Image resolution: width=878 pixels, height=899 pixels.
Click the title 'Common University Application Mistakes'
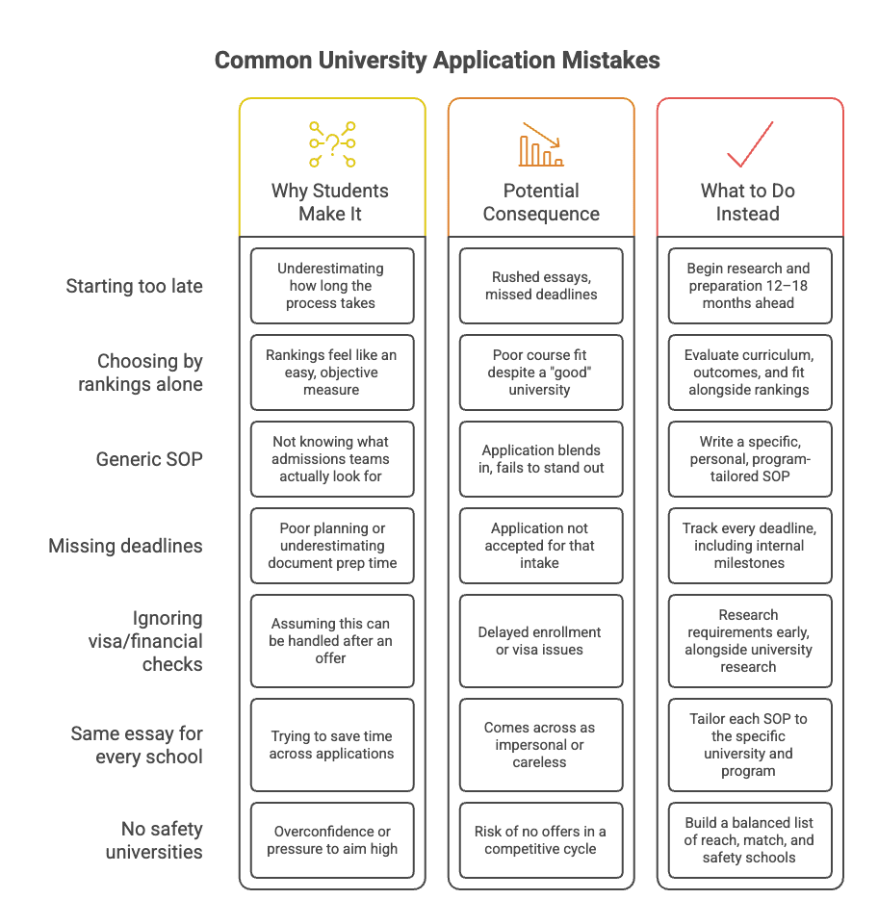437,61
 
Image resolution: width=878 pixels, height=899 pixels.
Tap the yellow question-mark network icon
332,144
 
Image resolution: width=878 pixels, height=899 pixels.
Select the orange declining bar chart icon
541,144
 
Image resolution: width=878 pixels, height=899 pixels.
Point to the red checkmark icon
750,144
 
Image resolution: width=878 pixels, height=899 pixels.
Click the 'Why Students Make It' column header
330,202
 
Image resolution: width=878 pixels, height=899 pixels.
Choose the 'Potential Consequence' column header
541,202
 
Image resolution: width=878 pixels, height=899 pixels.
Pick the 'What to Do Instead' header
748,202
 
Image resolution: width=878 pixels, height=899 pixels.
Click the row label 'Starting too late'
134,286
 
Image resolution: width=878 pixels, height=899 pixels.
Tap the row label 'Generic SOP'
149,459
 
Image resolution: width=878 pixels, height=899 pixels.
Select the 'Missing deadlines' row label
125,546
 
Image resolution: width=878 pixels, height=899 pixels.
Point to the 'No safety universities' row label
154,840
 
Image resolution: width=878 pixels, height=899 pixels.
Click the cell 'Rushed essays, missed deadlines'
541,286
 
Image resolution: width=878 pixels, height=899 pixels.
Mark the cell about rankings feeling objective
332,372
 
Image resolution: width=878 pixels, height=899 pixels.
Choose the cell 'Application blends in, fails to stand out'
541,459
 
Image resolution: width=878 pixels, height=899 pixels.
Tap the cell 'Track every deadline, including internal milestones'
750,545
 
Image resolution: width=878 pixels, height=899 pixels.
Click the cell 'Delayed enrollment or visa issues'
541,640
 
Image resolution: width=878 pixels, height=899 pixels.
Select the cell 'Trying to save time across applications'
332,745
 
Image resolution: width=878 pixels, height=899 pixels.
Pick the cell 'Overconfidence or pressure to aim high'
332,840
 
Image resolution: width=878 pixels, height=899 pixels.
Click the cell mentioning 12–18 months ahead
750,286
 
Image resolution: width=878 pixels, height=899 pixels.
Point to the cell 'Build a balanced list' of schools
750,840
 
